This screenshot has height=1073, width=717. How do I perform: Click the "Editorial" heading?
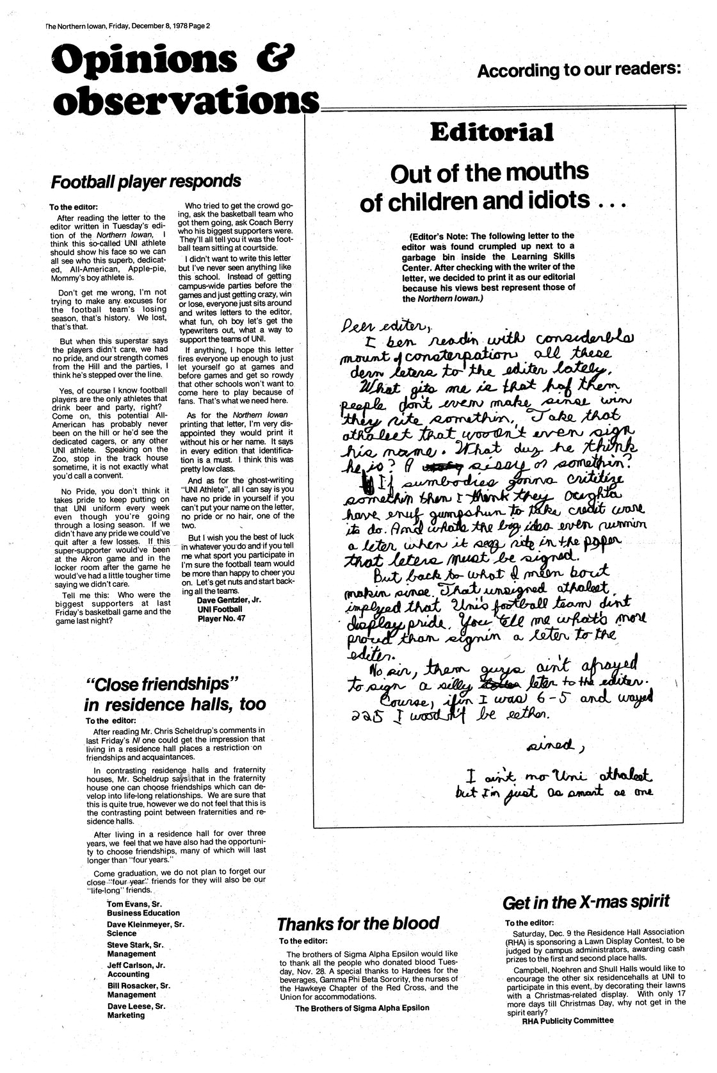coord(492,133)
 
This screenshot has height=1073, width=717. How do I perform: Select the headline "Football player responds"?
coord(147,181)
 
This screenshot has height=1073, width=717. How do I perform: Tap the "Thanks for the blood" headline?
coord(358,923)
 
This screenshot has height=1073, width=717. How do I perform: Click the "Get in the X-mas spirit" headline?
coord(586,902)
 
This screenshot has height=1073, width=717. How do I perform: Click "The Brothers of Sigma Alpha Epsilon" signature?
coord(362,1008)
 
